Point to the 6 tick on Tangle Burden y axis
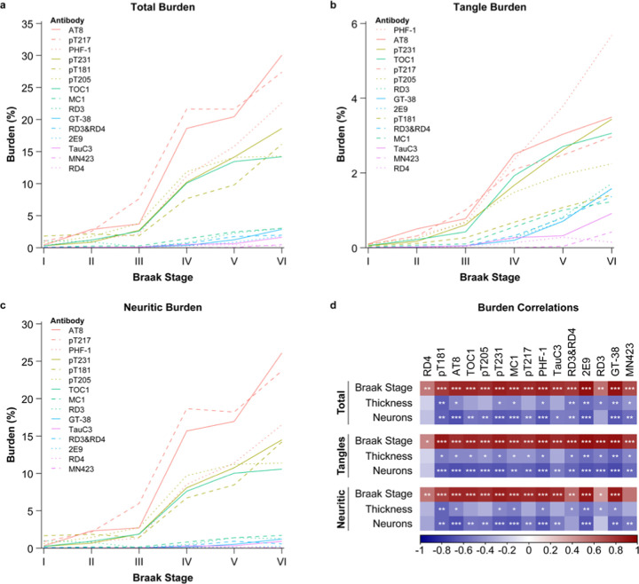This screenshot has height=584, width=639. pos(356,23)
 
